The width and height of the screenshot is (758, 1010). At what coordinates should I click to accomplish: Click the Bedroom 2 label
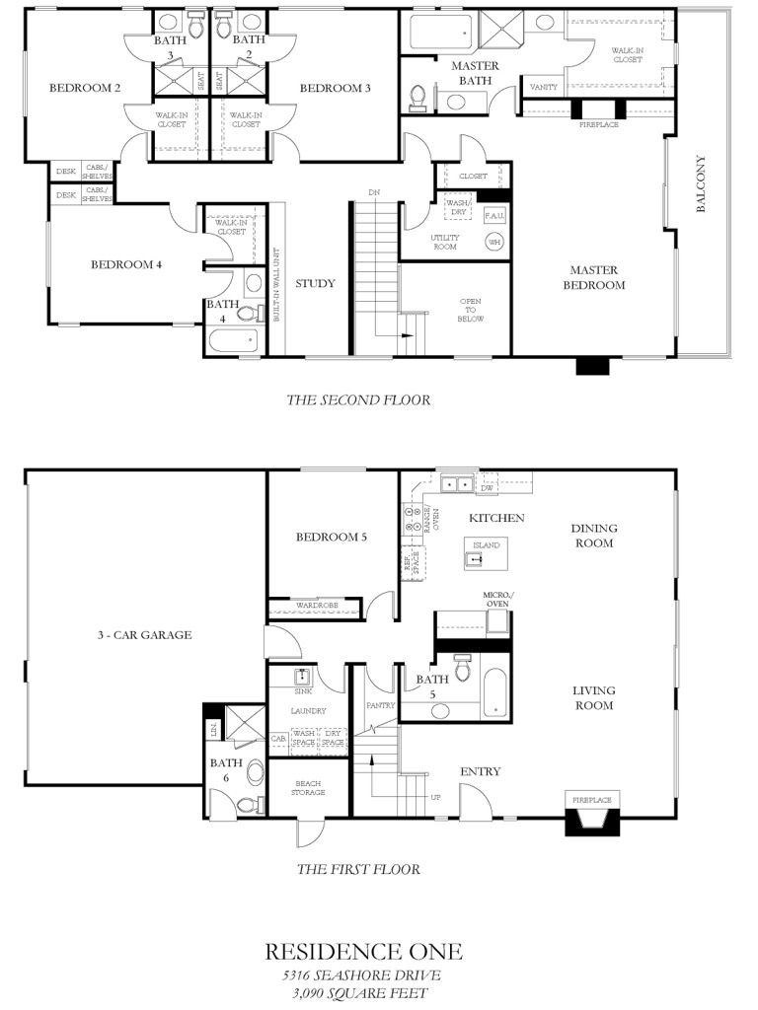click(85, 88)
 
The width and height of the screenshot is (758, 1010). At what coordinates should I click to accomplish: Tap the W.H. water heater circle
click(495, 242)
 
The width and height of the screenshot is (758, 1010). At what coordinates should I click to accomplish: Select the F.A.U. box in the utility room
click(494, 215)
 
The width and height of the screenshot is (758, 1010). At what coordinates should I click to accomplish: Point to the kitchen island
click(486, 552)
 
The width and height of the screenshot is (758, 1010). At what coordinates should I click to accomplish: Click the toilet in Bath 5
click(464, 667)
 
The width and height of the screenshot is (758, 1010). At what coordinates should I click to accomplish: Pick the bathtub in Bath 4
click(234, 340)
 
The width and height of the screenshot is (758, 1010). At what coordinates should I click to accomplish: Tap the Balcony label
click(701, 183)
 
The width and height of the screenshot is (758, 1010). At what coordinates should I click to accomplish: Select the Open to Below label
click(471, 310)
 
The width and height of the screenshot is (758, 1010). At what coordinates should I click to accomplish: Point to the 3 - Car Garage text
click(144, 635)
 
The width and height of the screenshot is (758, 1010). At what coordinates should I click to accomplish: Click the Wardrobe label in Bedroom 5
click(317, 606)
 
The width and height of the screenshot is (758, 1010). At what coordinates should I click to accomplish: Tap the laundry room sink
click(302, 677)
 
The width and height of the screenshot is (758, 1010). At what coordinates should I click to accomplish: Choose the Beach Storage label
click(308, 788)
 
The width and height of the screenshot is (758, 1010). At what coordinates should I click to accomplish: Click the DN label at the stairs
click(374, 192)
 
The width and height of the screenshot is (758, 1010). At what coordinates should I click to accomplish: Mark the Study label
click(315, 283)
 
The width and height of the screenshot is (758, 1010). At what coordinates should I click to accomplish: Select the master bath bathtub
click(441, 32)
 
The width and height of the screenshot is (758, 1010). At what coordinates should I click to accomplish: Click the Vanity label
click(544, 87)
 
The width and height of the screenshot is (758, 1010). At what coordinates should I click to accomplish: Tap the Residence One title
click(363, 952)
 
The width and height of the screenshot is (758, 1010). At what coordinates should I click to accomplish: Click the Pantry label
click(380, 705)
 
